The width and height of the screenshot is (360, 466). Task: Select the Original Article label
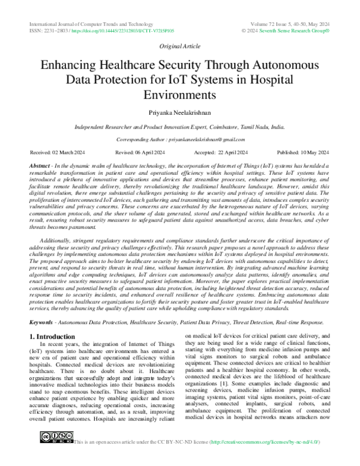(179, 46)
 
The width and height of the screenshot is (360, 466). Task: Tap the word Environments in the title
(180, 94)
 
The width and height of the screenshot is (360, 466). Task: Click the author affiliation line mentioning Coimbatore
(180, 128)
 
